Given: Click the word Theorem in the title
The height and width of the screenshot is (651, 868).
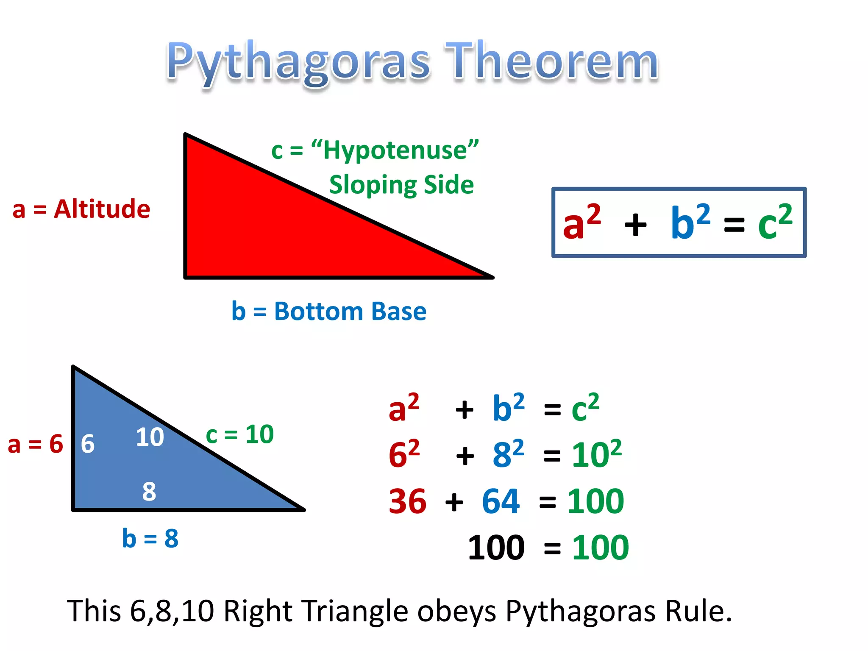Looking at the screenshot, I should coord(551,61).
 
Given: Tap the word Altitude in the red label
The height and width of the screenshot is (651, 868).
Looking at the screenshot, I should coord(102,209).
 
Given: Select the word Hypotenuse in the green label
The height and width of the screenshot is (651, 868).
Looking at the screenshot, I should coord(395,150).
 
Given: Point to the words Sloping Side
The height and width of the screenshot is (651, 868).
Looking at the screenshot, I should coord(401,185).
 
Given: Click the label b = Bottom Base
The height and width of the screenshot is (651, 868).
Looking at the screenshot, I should coord(328,311).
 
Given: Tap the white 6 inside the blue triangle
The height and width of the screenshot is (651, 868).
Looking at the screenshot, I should coord(88,444).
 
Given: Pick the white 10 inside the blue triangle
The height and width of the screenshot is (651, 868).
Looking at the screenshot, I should coord(150,437).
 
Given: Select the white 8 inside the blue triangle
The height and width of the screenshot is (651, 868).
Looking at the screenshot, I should coord(149,492).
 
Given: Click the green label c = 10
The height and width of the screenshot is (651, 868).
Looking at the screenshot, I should coord(239,434).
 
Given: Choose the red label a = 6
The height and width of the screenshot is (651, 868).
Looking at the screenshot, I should coord(36,444).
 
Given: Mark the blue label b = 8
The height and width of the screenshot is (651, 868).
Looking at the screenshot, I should coord(150,538).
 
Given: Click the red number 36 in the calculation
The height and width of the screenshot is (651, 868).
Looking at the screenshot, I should coord(407,501).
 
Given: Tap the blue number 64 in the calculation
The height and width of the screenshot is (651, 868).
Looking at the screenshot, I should coord(501,501).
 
